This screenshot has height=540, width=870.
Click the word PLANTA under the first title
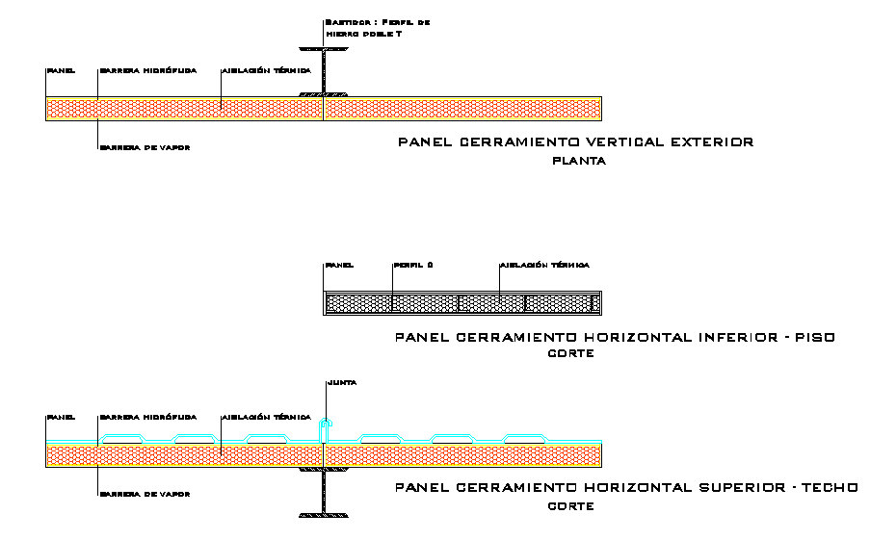pyautogui.click(x=578, y=162)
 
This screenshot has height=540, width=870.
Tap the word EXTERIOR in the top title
pyautogui.click(x=713, y=142)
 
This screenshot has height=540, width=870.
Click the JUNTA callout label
pyautogui.click(x=342, y=382)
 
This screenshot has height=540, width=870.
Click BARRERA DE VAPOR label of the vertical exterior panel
pyautogui.click(x=144, y=148)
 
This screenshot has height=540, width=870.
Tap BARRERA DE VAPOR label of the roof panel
pyautogui.click(x=144, y=494)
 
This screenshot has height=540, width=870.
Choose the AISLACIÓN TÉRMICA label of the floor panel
pyautogui.click(x=543, y=265)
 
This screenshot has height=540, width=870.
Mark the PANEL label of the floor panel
pyautogui.click(x=339, y=265)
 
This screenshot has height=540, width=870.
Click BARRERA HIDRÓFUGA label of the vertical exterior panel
pyautogui.click(x=147, y=70)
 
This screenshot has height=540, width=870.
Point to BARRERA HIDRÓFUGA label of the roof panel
pyautogui.click(x=147, y=418)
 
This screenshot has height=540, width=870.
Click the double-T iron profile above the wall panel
pyautogui.click(x=325, y=70)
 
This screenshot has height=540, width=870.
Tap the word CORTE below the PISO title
pyautogui.click(x=570, y=354)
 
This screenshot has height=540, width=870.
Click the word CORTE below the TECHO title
pyautogui.click(x=570, y=505)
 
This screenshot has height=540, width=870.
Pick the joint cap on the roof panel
pyautogui.click(x=327, y=424)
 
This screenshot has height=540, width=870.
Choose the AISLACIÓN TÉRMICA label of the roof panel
pyautogui.click(x=266, y=418)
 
